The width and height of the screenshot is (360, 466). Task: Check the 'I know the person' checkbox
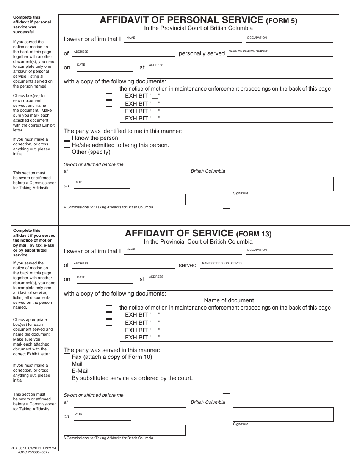(x=67, y=138)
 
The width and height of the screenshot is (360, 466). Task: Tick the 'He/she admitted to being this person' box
(x=67, y=145)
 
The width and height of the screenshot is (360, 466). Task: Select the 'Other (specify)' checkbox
(x=67, y=152)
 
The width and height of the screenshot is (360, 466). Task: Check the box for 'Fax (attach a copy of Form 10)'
(x=67, y=357)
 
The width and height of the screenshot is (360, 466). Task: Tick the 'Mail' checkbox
(x=67, y=364)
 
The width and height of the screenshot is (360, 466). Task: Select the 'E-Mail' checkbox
(x=67, y=371)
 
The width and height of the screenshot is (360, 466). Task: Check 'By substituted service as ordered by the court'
(x=67, y=378)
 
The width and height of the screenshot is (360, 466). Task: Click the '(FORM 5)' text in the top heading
(x=281, y=21)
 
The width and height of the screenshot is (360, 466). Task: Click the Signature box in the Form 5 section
(x=283, y=184)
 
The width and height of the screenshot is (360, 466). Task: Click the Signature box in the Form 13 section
(x=283, y=414)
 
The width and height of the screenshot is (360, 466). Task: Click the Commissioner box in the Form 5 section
(x=124, y=200)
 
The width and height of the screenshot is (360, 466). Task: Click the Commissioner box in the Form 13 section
(x=124, y=430)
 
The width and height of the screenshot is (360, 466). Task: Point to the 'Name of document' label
(x=229, y=300)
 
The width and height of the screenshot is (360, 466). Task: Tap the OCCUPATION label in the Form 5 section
(x=257, y=38)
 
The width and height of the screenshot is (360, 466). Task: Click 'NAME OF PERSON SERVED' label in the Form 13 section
(x=222, y=263)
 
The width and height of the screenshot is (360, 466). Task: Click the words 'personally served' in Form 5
(x=202, y=53)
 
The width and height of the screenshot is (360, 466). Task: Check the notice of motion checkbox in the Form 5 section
(x=109, y=89)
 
